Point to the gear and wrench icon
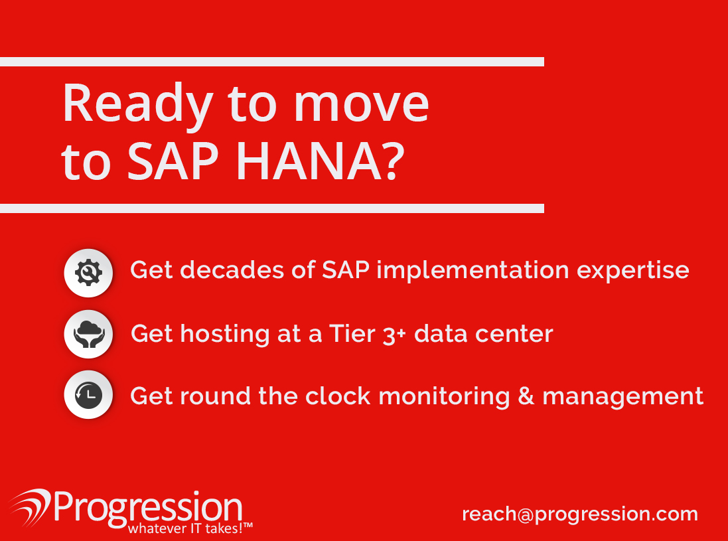[88, 273]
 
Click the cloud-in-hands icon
[88, 334]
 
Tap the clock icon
[88, 395]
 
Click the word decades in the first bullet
[232, 270]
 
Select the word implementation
[473, 271]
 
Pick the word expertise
[633, 271]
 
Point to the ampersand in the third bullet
[526, 396]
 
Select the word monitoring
[445, 398]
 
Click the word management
[622, 398]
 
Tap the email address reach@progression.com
[580, 514]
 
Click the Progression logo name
[148, 508]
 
